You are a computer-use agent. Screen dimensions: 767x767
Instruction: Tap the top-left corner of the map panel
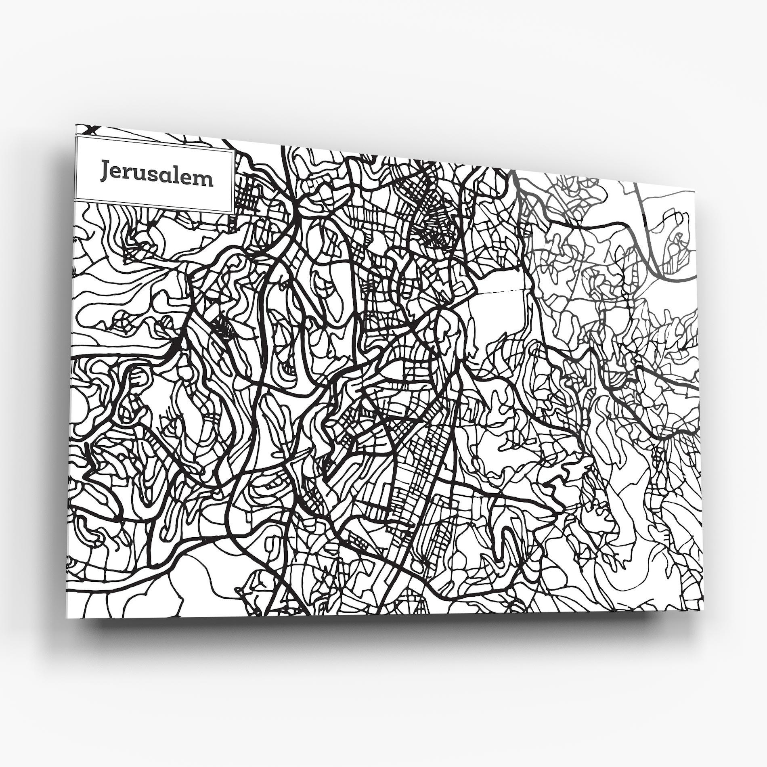(76, 125)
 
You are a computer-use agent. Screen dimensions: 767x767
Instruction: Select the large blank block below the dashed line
(501, 323)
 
